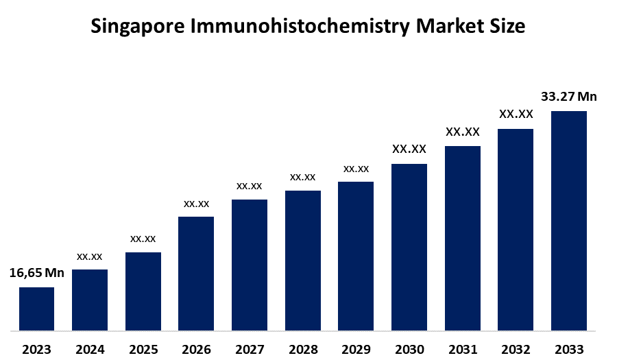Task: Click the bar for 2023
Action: (x=36, y=309)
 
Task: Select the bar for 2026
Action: (x=196, y=274)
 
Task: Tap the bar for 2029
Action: (x=356, y=256)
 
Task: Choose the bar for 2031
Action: (x=463, y=238)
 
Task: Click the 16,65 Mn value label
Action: (x=36, y=273)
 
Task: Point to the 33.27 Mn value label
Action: (x=569, y=97)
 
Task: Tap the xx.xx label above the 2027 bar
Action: (x=250, y=186)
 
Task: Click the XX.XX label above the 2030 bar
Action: (x=409, y=149)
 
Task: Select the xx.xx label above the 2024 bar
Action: (x=90, y=256)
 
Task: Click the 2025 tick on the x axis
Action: (x=143, y=350)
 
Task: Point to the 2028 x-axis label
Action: (x=303, y=350)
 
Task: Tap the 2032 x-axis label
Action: (x=516, y=350)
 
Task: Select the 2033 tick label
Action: (x=569, y=350)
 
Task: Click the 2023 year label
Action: (x=36, y=350)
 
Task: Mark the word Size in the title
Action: (x=509, y=27)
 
